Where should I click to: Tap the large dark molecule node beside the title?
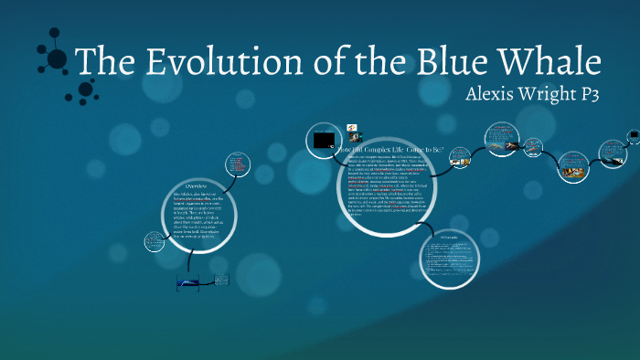(x=56, y=59)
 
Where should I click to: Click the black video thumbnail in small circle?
(x=323, y=140)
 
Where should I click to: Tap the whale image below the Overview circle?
(x=195, y=284)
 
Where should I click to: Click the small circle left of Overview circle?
(x=155, y=242)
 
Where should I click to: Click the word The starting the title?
(x=101, y=61)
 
